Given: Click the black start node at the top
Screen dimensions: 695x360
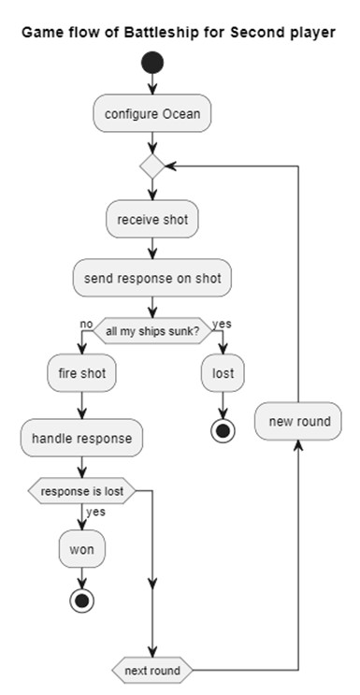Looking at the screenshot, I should pos(151,65).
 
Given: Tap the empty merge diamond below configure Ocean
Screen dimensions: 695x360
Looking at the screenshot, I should pos(151,167).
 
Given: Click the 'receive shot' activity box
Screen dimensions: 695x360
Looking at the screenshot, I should pos(151,220).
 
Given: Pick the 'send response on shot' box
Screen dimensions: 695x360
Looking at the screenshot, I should pos(151,278).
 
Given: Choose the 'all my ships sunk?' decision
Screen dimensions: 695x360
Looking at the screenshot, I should pos(151,331).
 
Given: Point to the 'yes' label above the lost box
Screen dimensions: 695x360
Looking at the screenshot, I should pos(223,324).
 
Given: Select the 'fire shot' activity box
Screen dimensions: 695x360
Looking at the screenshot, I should pos(82,374).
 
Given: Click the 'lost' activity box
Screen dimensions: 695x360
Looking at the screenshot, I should pos(223,374).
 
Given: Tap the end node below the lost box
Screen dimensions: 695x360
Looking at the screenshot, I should pos(223,428).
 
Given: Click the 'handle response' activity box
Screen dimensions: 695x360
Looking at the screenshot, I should pos(82,437).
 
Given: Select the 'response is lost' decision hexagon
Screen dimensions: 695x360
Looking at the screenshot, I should pos(82,490).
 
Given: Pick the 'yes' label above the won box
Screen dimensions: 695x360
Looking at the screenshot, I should pos(95,512).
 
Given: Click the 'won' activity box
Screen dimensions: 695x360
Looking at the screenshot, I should pos(82,549).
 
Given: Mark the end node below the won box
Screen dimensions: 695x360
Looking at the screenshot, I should pos(82,600).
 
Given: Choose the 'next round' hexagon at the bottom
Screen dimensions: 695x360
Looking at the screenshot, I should pos(151,671).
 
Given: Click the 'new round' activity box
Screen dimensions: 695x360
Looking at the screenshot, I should pos(299,421).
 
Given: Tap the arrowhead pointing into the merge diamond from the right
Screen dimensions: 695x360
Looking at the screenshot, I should pos(171,167).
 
